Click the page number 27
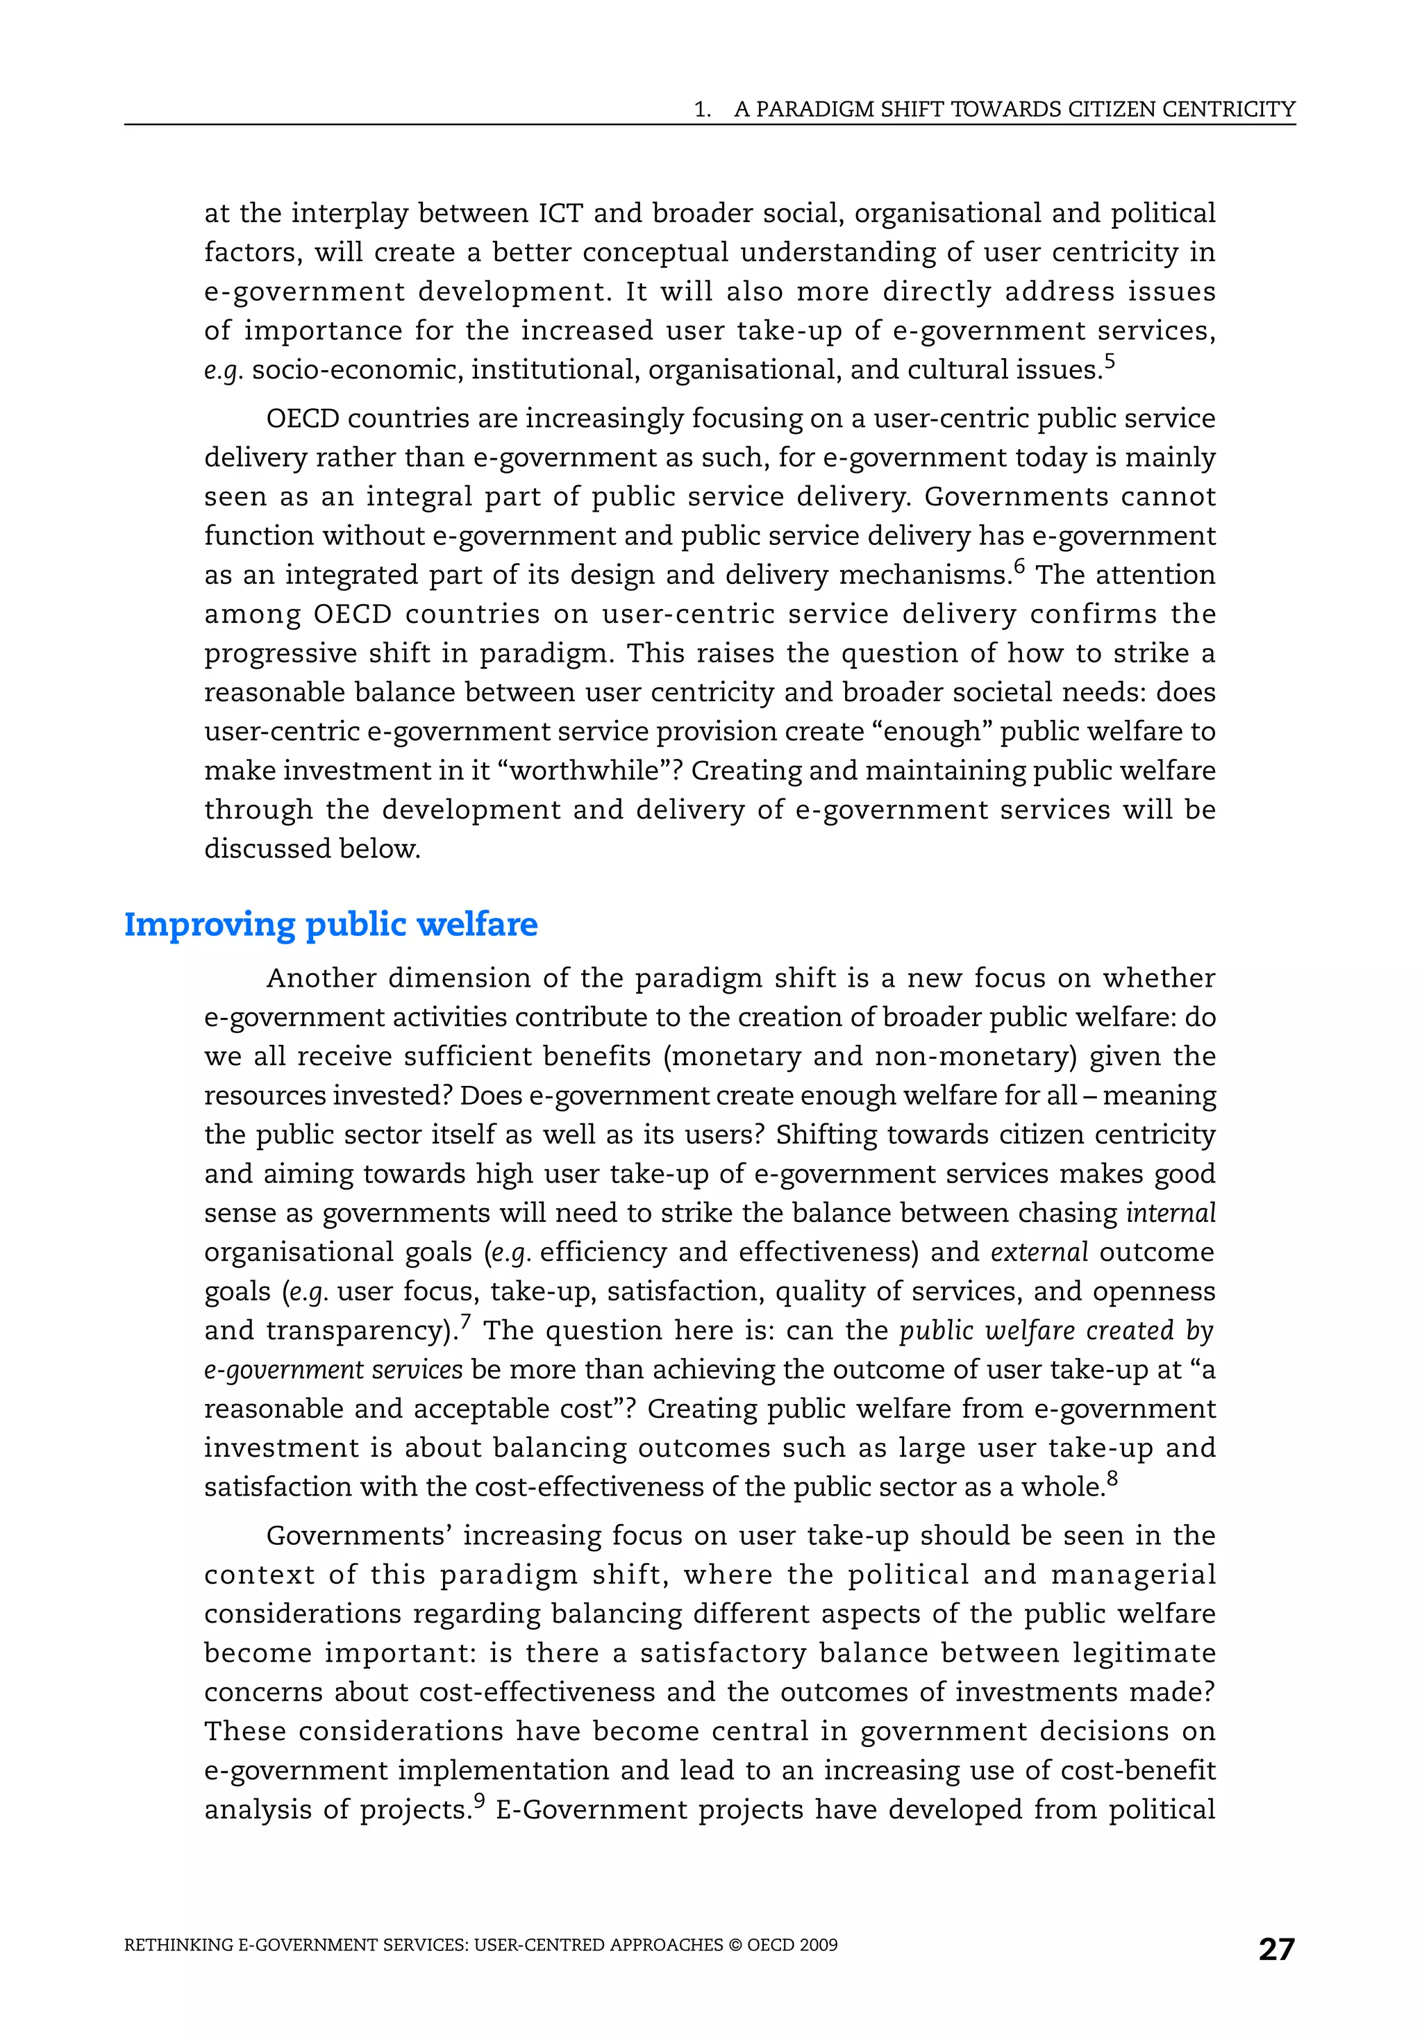pyautogui.click(x=1276, y=1949)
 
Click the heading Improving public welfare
pyautogui.click(x=331, y=924)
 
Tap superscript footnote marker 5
pyautogui.click(x=1109, y=360)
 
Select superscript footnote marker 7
pyautogui.click(x=465, y=1321)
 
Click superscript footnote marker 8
pyautogui.click(x=1112, y=1478)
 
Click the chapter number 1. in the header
pyautogui.click(x=703, y=110)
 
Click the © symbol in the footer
pyautogui.click(x=735, y=1945)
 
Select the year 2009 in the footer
pyautogui.click(x=818, y=1945)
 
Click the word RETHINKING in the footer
pyautogui.click(x=178, y=1945)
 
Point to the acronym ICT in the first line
pyautogui.click(x=560, y=213)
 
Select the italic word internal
pyautogui.click(x=1171, y=1212)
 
